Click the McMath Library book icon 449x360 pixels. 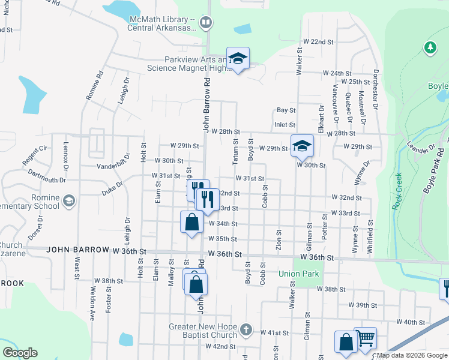click(206, 23)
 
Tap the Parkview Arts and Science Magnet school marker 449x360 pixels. click(238, 59)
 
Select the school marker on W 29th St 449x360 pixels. click(302, 145)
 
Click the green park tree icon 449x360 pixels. click(430, 47)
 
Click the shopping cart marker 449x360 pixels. click(365, 338)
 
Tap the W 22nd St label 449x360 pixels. click(318, 41)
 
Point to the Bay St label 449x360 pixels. click(286, 110)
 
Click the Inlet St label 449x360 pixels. click(285, 125)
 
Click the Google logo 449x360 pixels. click(20, 353)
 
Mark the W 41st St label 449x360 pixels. click(275, 332)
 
